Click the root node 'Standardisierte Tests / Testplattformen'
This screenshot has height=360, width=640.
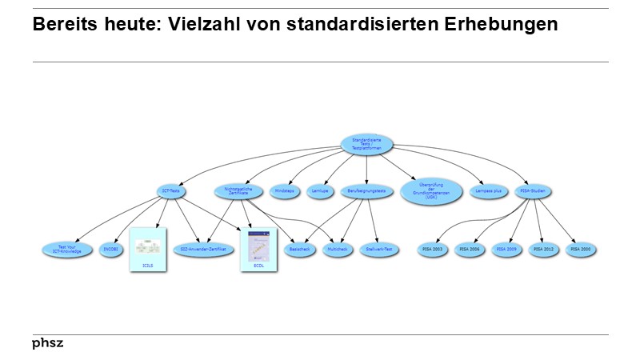(x=366, y=144)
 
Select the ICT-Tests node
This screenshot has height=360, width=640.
(x=171, y=191)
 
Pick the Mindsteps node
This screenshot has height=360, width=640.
(x=284, y=191)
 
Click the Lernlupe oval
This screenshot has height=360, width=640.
(x=321, y=191)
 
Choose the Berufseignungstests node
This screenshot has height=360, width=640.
(x=367, y=191)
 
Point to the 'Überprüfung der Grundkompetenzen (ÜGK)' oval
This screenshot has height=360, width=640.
(x=431, y=192)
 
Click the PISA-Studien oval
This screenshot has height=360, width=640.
(x=532, y=191)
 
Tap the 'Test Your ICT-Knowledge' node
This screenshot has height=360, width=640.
(x=68, y=250)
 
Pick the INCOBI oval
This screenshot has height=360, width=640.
(x=111, y=250)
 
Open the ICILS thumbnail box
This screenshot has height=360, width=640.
(x=147, y=249)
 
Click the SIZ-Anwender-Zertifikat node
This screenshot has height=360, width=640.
(x=200, y=250)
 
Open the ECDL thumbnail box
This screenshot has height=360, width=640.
(x=258, y=249)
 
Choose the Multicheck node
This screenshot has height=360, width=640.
(x=337, y=250)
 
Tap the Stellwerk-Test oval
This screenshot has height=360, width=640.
(x=378, y=250)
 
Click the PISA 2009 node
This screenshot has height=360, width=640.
(x=506, y=250)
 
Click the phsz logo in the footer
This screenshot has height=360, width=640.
(x=48, y=343)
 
